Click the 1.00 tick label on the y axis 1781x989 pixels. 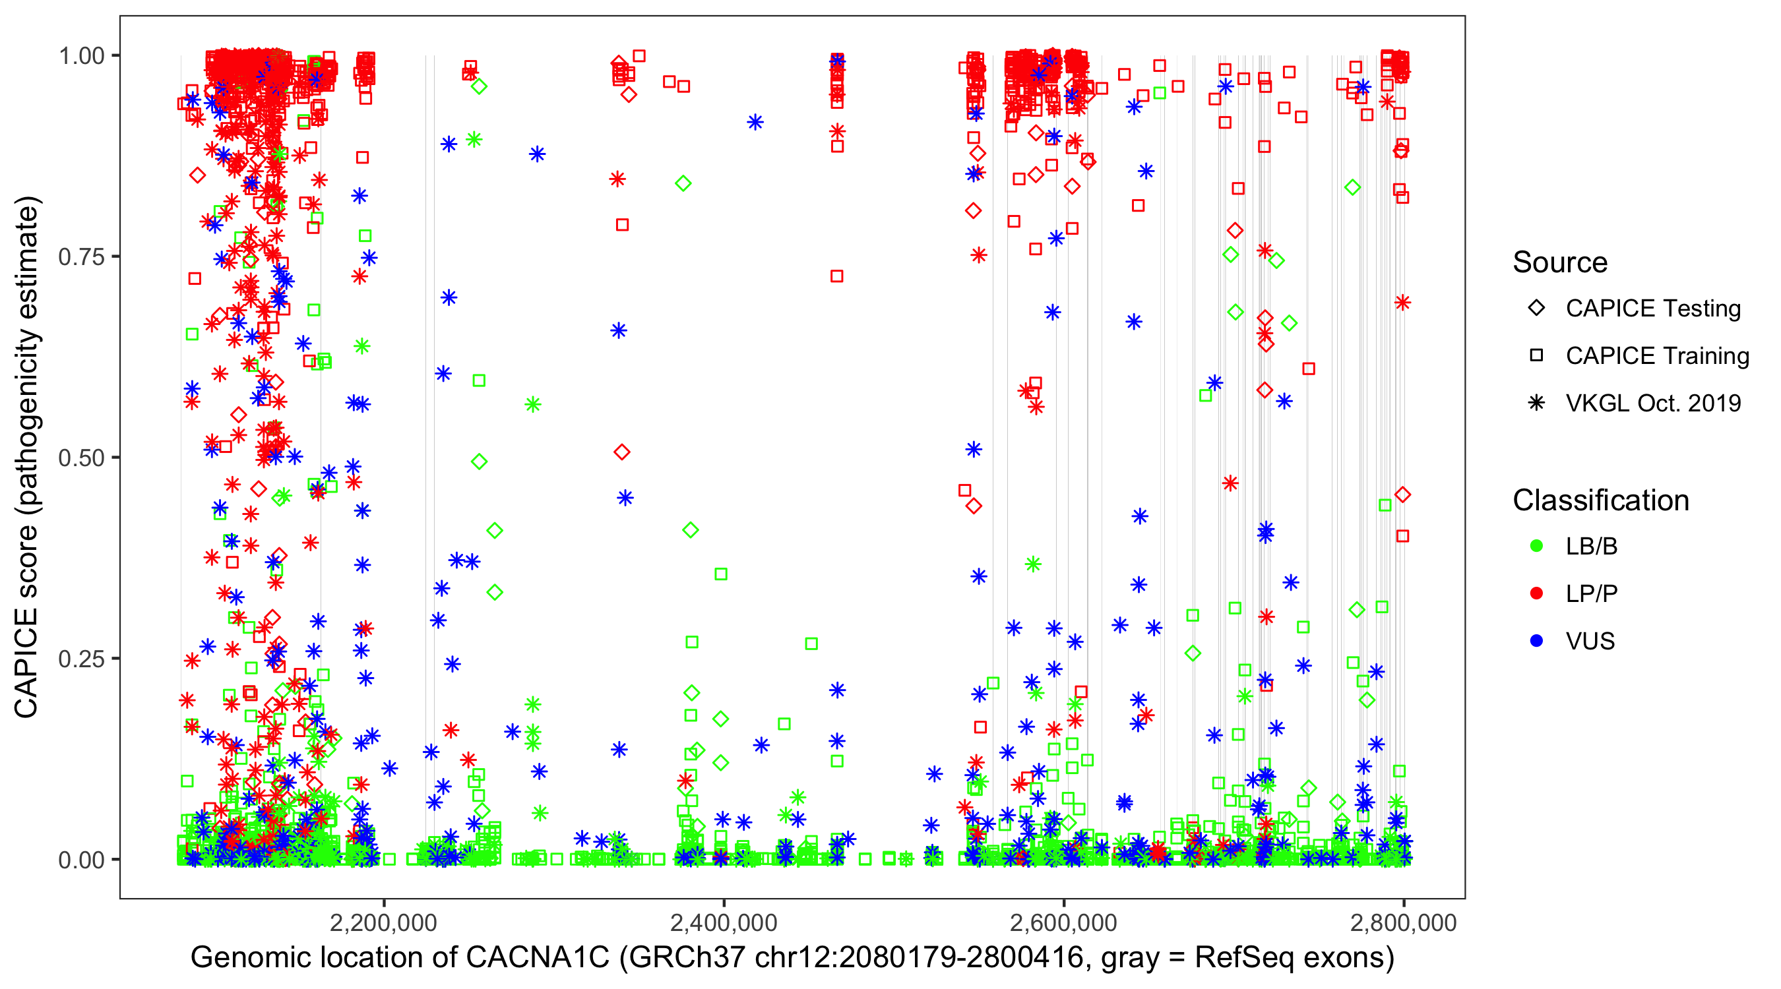[81, 56]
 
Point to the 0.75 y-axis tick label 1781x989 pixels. [81, 257]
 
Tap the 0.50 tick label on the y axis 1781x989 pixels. [81, 458]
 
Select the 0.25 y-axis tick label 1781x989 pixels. [81, 659]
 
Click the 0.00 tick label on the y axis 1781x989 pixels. [81, 860]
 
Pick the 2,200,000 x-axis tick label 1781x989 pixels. [383, 922]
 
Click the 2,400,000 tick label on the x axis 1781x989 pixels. [723, 922]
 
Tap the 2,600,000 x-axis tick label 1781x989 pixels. [1063, 922]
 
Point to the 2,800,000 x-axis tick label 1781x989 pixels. [1403, 922]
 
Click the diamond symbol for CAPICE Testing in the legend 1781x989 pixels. [1536, 309]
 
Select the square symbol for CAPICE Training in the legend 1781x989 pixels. [1536, 356]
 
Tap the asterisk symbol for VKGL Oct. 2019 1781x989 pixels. [1536, 403]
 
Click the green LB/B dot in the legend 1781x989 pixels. [1536, 546]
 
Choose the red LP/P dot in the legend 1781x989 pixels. [1536, 593]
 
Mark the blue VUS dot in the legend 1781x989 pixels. [1536, 641]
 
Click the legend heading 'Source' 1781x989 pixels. [1560, 262]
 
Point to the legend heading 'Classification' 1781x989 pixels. [1600, 500]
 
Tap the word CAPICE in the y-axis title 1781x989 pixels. [26, 662]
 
